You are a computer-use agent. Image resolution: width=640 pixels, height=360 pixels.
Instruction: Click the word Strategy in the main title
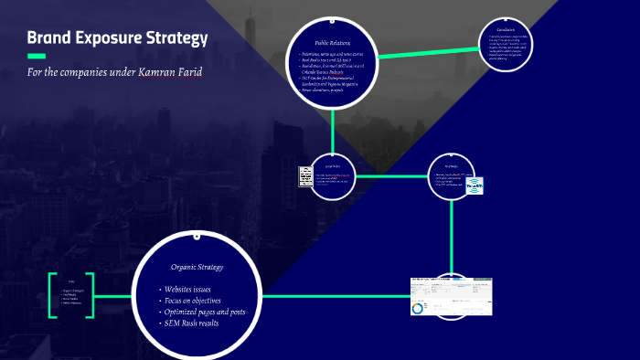(173, 39)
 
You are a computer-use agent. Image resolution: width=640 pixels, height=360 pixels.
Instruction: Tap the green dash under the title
(37, 57)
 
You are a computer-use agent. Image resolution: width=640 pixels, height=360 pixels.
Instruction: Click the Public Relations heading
(333, 43)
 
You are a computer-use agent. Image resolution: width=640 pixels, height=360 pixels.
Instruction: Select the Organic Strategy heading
(197, 268)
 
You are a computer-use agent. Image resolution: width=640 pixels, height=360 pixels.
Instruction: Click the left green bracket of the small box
(51, 295)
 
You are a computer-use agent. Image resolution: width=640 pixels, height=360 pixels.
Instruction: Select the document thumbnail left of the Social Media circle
(305, 175)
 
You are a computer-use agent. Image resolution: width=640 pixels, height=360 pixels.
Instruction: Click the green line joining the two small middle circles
(391, 175)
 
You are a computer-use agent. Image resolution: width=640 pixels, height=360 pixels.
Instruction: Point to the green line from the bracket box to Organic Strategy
(113, 296)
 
